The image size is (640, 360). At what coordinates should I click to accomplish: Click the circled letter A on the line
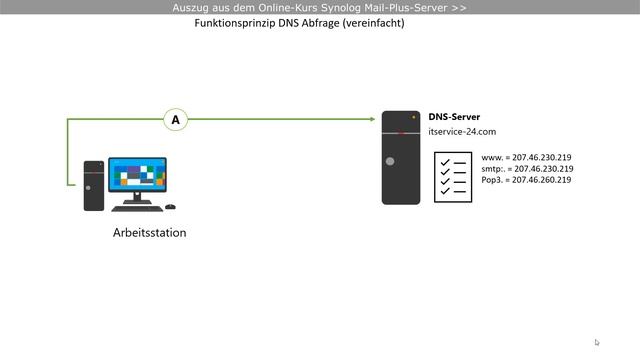pyautogui.click(x=176, y=120)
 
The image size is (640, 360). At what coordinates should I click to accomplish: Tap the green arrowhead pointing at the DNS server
pyautogui.click(x=371, y=120)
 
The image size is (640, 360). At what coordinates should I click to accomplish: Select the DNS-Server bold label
pyautogui.click(x=454, y=117)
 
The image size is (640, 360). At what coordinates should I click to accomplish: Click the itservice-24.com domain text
pyautogui.click(x=462, y=132)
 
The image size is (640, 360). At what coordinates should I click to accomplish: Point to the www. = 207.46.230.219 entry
pyautogui.click(x=526, y=158)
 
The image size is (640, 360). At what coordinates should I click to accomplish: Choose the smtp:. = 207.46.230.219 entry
pyautogui.click(x=526, y=169)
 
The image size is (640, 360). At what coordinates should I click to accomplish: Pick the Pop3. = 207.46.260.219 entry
pyautogui.click(x=526, y=180)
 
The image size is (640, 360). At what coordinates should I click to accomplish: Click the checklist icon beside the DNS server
pyautogui.click(x=452, y=176)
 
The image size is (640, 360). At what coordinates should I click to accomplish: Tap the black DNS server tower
pyautogui.click(x=401, y=158)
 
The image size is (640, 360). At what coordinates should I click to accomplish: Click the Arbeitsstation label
pyautogui.click(x=149, y=233)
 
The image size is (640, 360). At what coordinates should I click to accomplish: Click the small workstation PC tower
pyautogui.click(x=93, y=185)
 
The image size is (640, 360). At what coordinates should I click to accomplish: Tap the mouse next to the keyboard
pyautogui.click(x=170, y=207)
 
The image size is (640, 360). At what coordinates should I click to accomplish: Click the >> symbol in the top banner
pyautogui.click(x=459, y=7)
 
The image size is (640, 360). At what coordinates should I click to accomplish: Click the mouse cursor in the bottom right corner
pyautogui.click(x=597, y=342)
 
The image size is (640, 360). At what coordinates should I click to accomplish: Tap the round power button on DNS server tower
pyautogui.click(x=390, y=162)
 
